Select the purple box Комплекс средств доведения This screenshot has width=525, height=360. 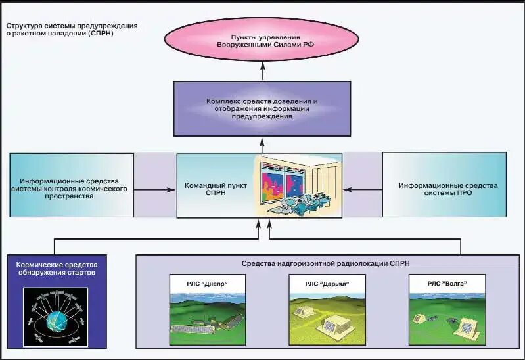(262, 108)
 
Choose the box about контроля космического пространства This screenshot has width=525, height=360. (71, 187)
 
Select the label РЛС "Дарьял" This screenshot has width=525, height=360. (327, 283)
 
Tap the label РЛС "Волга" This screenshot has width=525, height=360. (447, 283)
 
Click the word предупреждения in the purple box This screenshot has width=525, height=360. (262, 116)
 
